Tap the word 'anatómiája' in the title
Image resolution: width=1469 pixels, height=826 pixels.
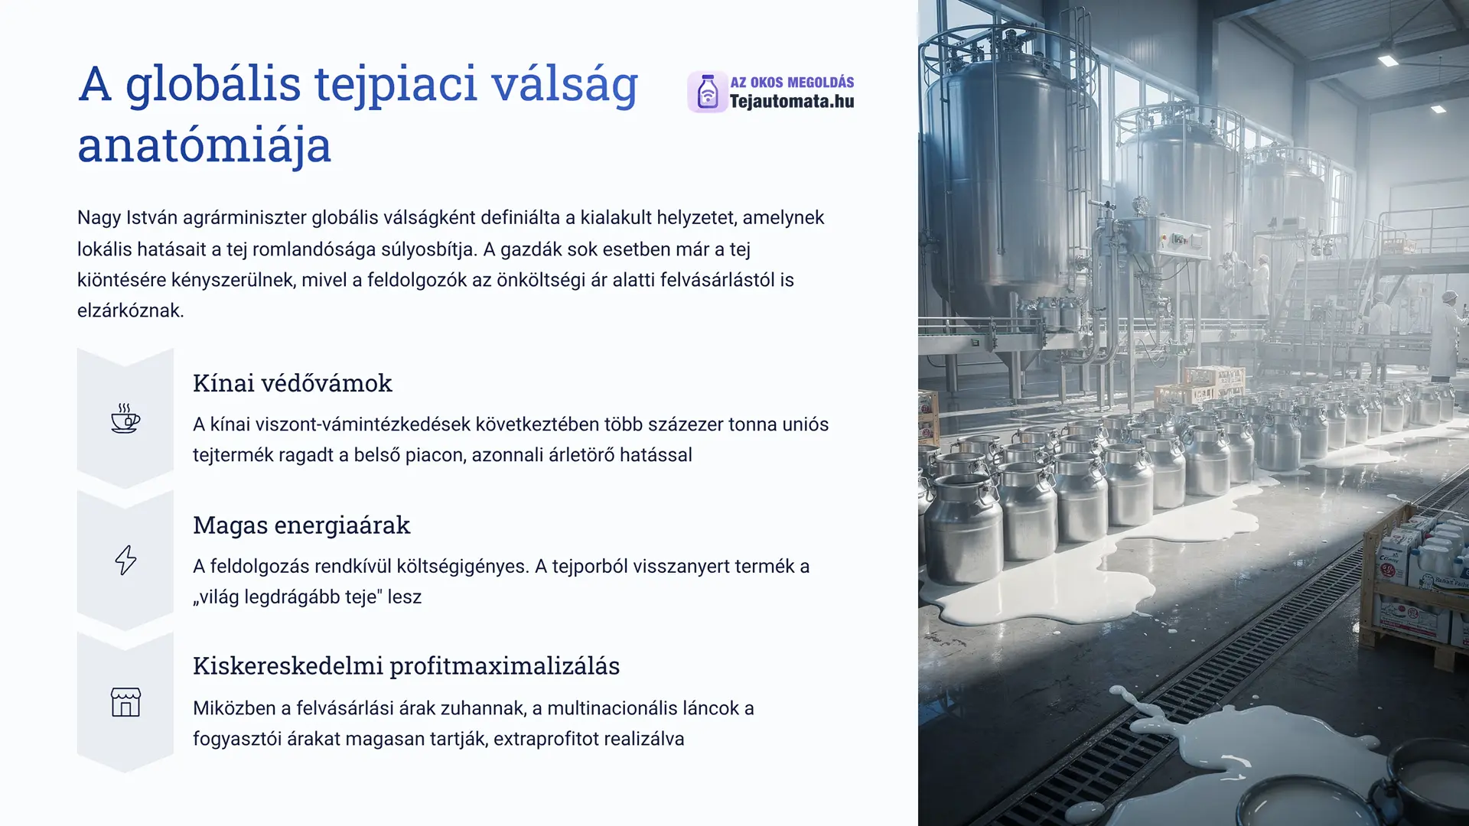click(204, 145)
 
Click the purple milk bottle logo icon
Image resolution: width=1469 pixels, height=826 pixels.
click(708, 93)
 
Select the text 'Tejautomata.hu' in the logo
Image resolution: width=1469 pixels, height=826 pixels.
click(792, 101)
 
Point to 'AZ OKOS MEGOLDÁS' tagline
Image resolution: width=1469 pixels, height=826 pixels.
click(792, 82)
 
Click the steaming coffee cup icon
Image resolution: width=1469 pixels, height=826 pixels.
click(125, 418)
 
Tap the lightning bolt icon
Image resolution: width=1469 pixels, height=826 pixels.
click(125, 560)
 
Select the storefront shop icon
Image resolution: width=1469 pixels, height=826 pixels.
click(125, 702)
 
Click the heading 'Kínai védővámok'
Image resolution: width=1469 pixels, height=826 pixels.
click(292, 383)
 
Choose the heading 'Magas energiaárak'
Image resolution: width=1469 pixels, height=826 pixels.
click(301, 525)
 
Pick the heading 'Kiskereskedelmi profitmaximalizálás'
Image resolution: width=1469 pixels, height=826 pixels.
click(406, 666)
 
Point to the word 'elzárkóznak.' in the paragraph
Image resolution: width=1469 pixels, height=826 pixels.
click(131, 311)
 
